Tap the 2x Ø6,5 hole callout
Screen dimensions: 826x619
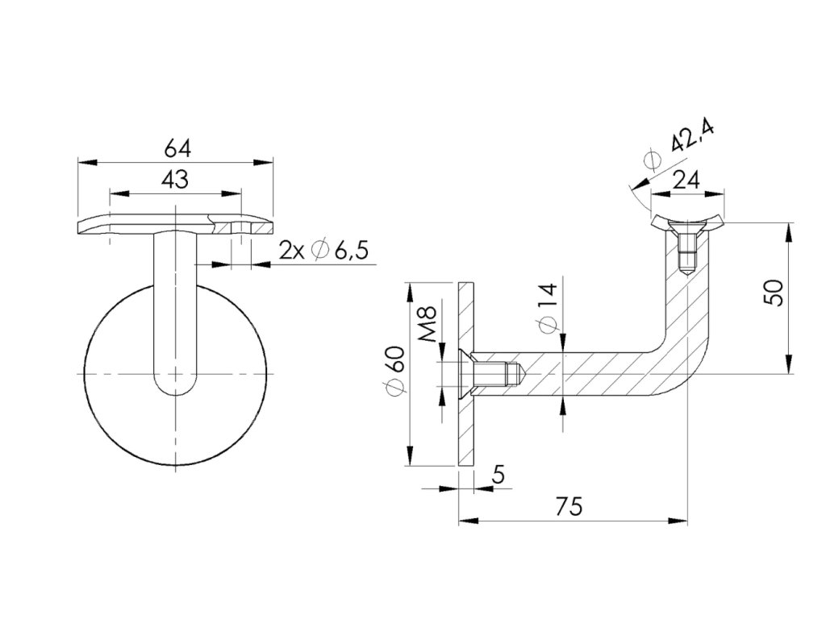323,251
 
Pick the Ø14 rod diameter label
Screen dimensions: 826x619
548,309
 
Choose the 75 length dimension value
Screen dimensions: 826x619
569,506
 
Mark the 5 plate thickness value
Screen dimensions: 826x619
498,476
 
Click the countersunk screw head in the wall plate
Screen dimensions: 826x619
465,374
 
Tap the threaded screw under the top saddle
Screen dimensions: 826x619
687,250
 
